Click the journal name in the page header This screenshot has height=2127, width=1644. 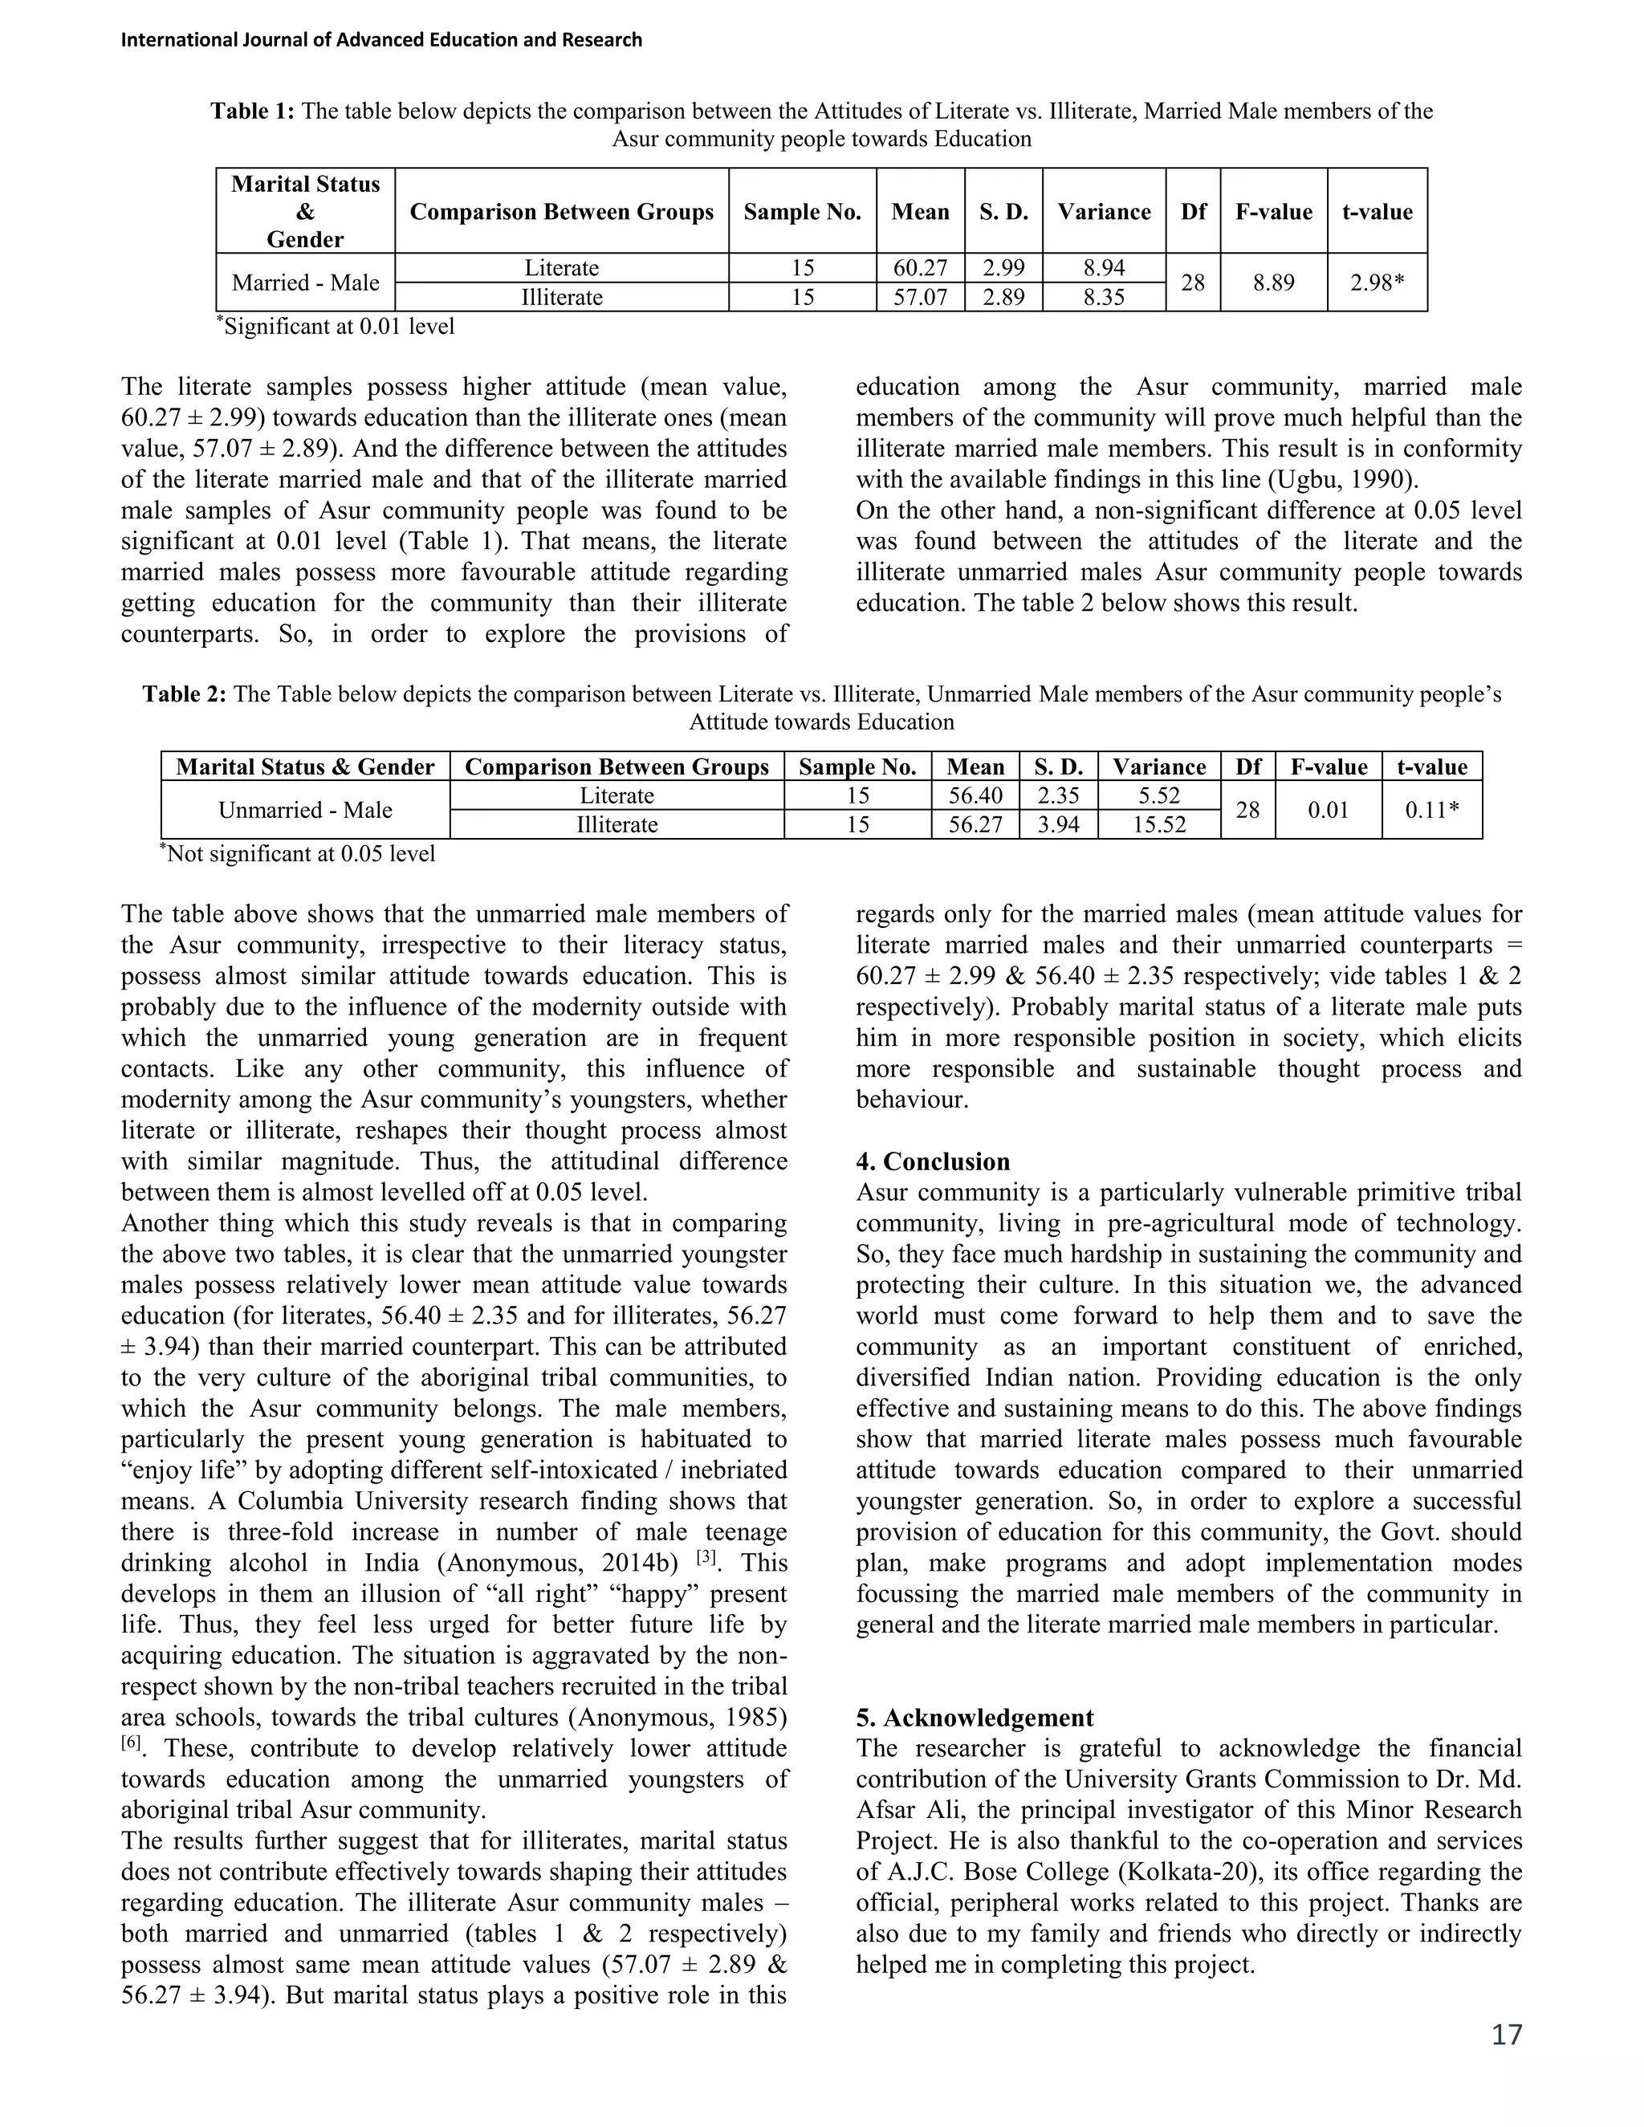coord(380,40)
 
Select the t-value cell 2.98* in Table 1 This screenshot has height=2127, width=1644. coord(1376,283)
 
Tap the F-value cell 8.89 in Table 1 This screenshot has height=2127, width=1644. coord(1273,283)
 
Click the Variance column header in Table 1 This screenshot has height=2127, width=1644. coord(1104,211)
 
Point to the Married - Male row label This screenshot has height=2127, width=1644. coord(305,283)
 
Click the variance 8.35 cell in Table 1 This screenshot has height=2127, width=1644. coord(1104,297)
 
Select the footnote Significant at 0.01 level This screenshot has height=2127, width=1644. coord(336,326)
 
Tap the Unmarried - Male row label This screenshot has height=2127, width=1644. coord(305,811)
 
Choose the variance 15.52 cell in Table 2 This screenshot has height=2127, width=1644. coord(1158,825)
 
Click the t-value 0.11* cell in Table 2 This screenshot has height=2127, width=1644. coord(1430,811)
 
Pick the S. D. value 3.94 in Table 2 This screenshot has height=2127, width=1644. coord(1058,825)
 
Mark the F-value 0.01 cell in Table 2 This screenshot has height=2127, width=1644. coord(1328,811)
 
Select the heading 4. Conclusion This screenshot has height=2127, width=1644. coord(932,1162)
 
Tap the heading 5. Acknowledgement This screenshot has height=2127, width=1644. coord(974,1717)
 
